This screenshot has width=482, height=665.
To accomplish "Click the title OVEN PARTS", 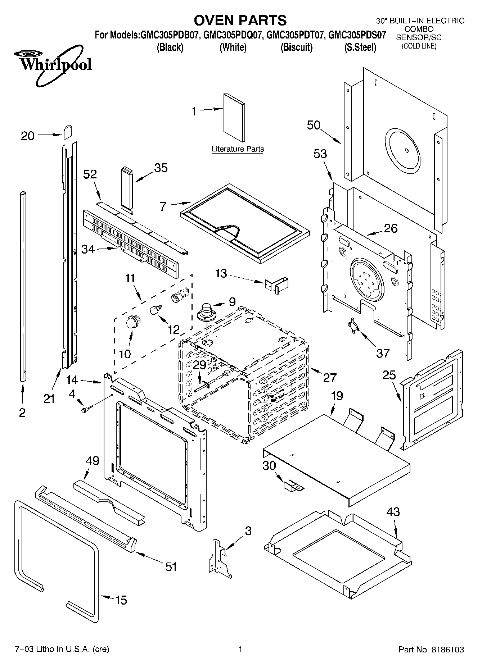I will pyautogui.click(x=240, y=20).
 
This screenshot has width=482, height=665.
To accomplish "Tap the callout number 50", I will pyautogui.click(x=314, y=125).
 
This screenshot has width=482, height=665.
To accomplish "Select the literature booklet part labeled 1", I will pyautogui.click(x=234, y=118).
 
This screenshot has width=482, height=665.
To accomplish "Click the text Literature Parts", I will pyautogui.click(x=238, y=149).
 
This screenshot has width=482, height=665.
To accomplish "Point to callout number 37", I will pyautogui.click(x=383, y=353).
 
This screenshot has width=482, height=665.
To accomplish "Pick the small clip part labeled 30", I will pyautogui.click(x=294, y=487).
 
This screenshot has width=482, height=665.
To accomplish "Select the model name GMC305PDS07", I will pyautogui.click(x=357, y=35).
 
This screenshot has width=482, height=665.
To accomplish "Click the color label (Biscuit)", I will pyautogui.click(x=297, y=47).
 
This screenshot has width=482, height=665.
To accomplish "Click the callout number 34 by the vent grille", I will pyautogui.click(x=88, y=249).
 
